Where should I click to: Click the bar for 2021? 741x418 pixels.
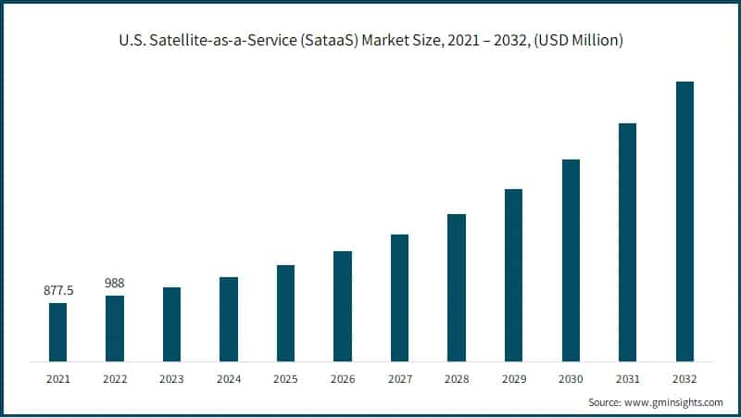(57, 332)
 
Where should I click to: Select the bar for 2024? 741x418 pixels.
(229, 319)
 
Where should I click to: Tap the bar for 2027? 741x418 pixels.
(399, 298)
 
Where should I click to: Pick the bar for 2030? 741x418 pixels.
(571, 260)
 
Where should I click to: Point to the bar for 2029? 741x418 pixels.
(513, 274)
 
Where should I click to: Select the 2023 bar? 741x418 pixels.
(171, 323)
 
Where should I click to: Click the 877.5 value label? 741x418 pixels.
(58, 291)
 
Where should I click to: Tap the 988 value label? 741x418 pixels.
(115, 283)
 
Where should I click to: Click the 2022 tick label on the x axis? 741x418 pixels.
(115, 378)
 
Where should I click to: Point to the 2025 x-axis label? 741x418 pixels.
(286, 378)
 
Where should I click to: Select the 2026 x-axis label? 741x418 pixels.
(343, 378)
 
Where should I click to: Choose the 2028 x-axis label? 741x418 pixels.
(457, 378)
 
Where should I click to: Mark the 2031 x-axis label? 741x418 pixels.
(628, 378)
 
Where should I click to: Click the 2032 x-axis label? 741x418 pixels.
(684, 378)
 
